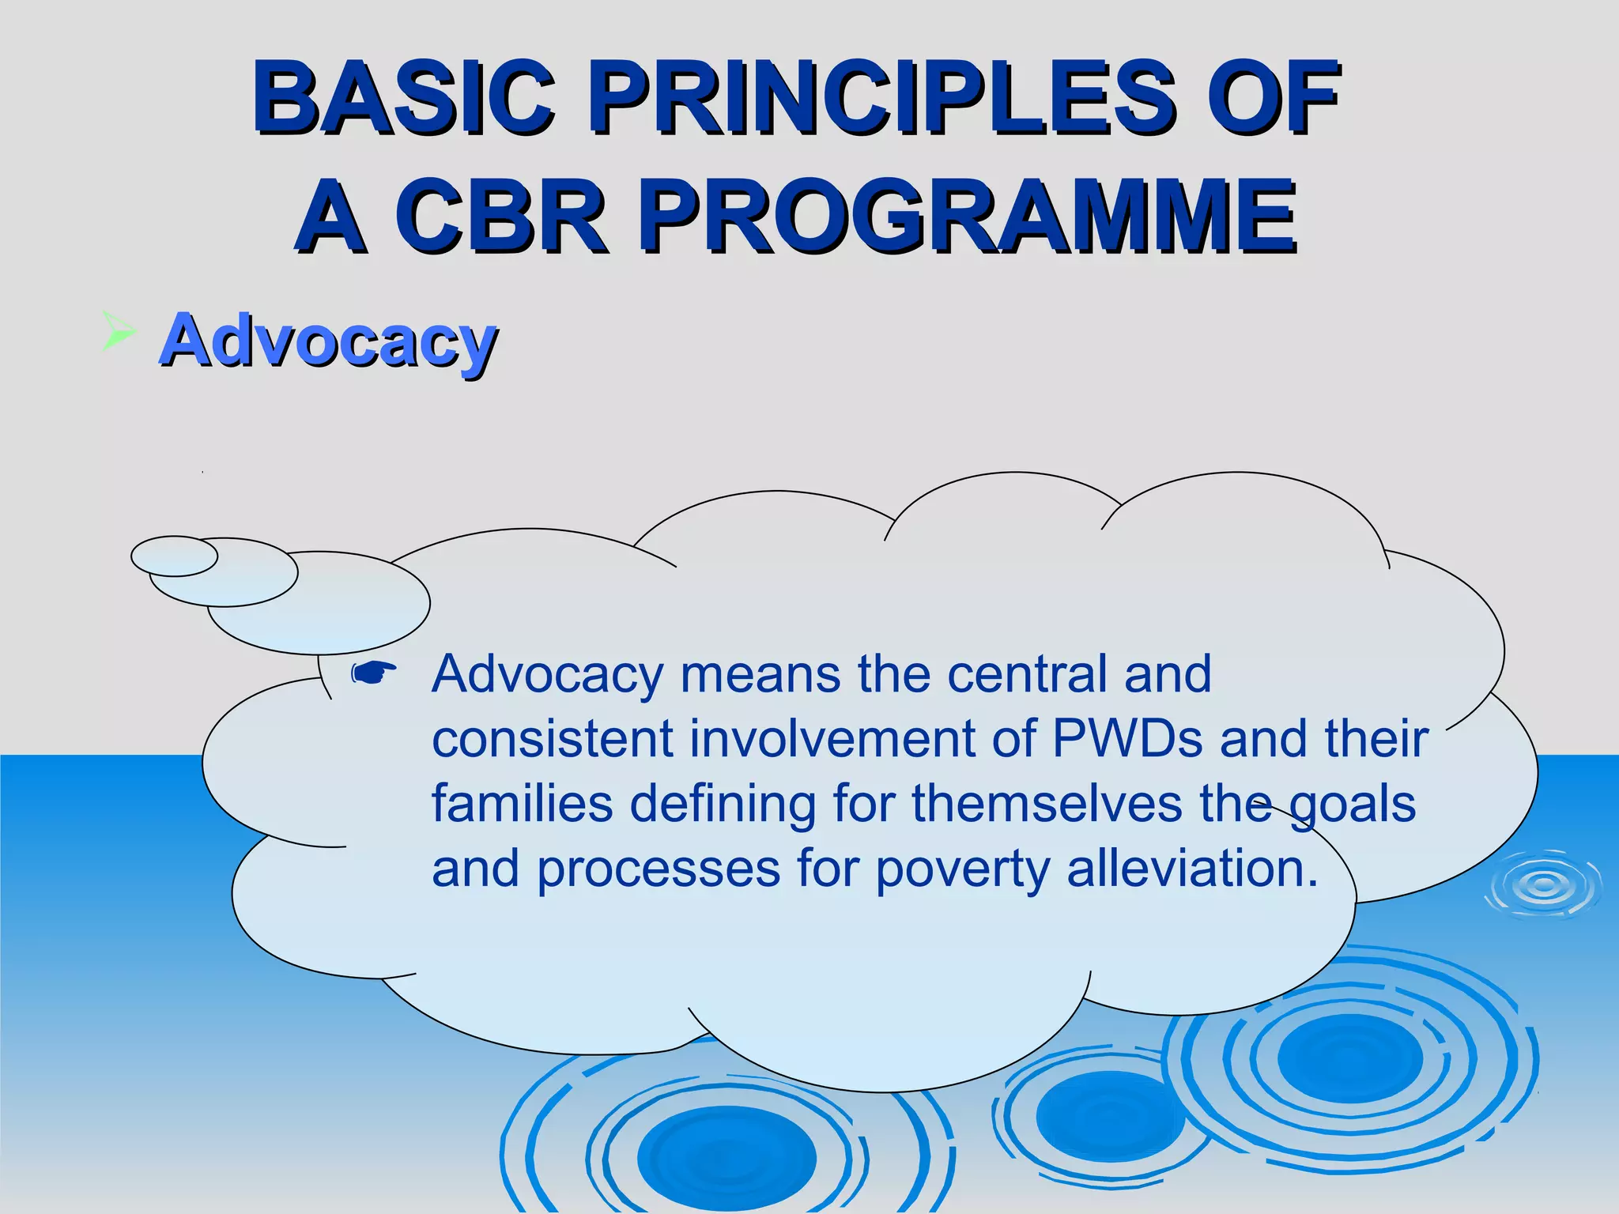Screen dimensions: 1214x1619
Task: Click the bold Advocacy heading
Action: pyautogui.click(x=328, y=341)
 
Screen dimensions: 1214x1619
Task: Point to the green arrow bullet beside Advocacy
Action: pyautogui.click(x=119, y=330)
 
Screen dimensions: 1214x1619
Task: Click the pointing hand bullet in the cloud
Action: pyautogui.click(x=374, y=673)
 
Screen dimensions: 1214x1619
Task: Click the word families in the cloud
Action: pyautogui.click(x=522, y=804)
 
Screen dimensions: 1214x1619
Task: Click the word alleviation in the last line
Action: pyautogui.click(x=1192, y=868)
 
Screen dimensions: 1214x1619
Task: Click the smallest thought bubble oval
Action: pyautogui.click(x=174, y=556)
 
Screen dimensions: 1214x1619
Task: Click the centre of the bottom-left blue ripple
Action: pyautogui.click(x=726, y=1157)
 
